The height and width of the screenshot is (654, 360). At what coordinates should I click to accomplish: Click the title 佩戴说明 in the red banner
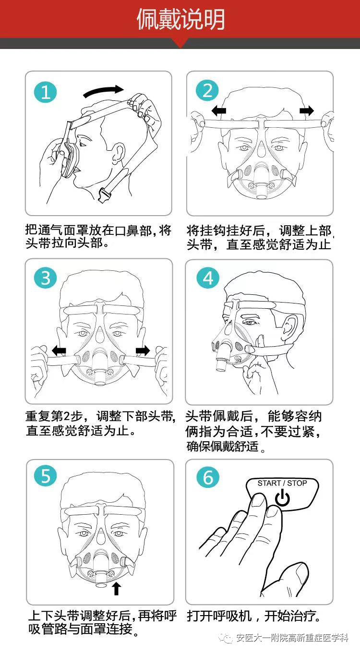point(180,20)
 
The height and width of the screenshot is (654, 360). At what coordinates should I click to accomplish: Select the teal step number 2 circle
point(207,91)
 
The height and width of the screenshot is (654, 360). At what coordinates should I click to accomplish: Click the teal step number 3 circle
point(46,278)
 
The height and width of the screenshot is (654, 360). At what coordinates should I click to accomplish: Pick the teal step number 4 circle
point(207,278)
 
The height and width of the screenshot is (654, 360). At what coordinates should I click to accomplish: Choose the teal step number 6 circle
point(207,477)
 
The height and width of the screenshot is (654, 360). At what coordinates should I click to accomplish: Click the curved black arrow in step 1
point(103,90)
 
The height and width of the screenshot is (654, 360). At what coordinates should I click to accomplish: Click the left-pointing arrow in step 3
point(59,351)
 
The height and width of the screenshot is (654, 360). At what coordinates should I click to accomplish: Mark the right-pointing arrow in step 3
point(143,351)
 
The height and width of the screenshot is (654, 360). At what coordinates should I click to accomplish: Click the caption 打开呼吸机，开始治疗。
point(254,616)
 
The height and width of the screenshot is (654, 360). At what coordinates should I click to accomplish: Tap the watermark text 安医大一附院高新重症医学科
point(291,638)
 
